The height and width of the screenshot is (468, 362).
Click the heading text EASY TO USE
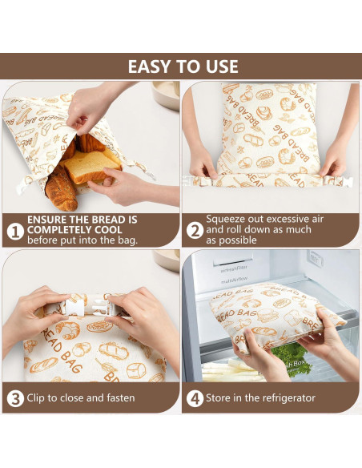coord(181,67)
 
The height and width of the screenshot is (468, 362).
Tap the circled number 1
coord(14,231)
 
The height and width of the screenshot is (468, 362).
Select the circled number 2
coord(195,231)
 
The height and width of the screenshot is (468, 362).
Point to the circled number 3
coord(14,397)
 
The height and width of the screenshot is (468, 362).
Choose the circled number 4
coord(195,397)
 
